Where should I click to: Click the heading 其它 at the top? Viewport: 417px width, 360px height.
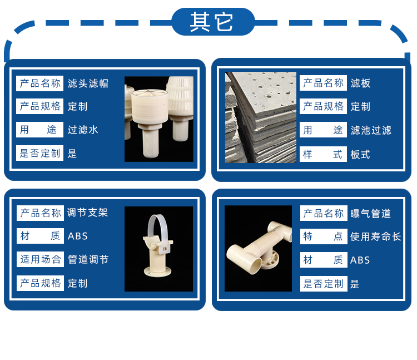(x=211, y=22)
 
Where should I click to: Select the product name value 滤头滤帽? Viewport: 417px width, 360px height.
(x=88, y=83)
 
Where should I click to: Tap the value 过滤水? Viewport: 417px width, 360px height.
(x=83, y=130)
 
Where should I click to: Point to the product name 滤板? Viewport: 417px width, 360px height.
(x=361, y=83)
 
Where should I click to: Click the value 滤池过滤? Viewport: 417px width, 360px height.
(x=371, y=130)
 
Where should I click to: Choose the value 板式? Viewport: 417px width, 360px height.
(x=360, y=154)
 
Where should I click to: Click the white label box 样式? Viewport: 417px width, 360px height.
(x=323, y=154)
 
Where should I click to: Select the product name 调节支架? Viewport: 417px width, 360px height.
(x=87, y=213)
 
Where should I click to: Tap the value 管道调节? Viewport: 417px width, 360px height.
(x=88, y=259)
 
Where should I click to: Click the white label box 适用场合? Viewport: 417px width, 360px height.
(x=40, y=259)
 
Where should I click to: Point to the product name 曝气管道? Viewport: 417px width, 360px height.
(x=371, y=214)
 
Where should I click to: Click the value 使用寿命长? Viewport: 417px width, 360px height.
(x=375, y=236)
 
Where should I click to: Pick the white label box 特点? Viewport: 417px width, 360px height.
(x=324, y=236)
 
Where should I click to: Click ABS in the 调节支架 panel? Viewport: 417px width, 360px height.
(x=78, y=236)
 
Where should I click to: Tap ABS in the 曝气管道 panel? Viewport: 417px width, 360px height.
(x=360, y=260)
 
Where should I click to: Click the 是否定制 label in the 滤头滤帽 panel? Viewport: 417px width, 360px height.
(x=39, y=153)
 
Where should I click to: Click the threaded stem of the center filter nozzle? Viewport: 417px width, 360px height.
(x=150, y=143)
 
